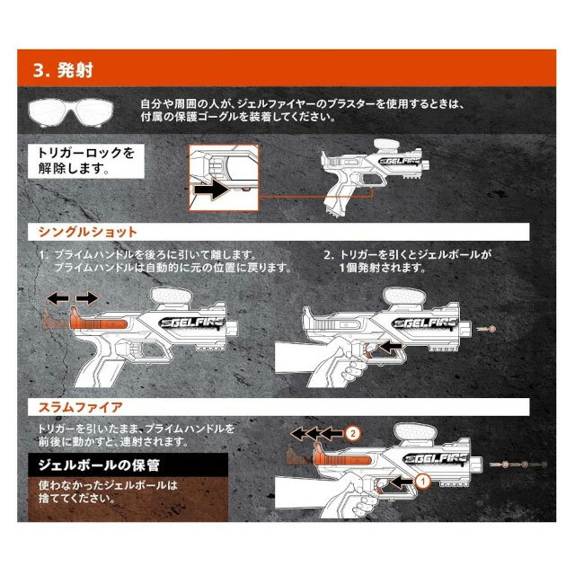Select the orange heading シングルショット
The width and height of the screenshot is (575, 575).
pos(87,231)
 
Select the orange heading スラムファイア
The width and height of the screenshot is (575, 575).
pos(80,407)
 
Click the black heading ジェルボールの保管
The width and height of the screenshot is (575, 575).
pos(93,466)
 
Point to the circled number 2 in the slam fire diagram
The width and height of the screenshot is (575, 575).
pos(354,433)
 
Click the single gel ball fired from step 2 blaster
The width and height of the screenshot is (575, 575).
pos(491,332)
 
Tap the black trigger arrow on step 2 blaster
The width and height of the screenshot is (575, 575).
pos(389,344)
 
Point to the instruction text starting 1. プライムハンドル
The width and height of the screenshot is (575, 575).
pos(165,261)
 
